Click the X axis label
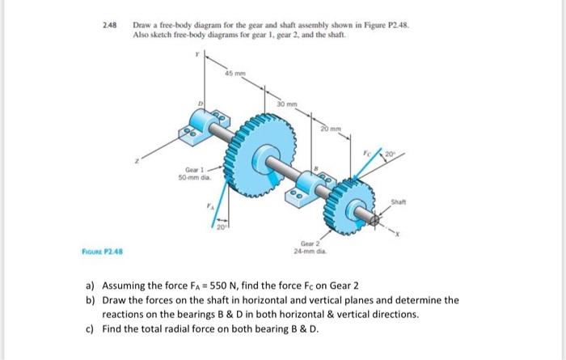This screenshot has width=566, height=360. (397, 230)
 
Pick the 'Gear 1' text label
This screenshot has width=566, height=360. (186, 171)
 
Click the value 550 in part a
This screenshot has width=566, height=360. (223, 288)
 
